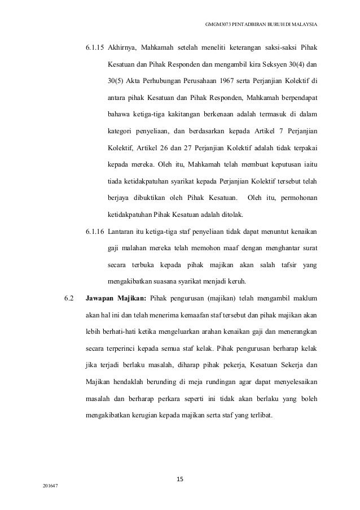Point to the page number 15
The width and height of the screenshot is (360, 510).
click(180, 480)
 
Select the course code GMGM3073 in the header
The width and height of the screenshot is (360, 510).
click(221, 25)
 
